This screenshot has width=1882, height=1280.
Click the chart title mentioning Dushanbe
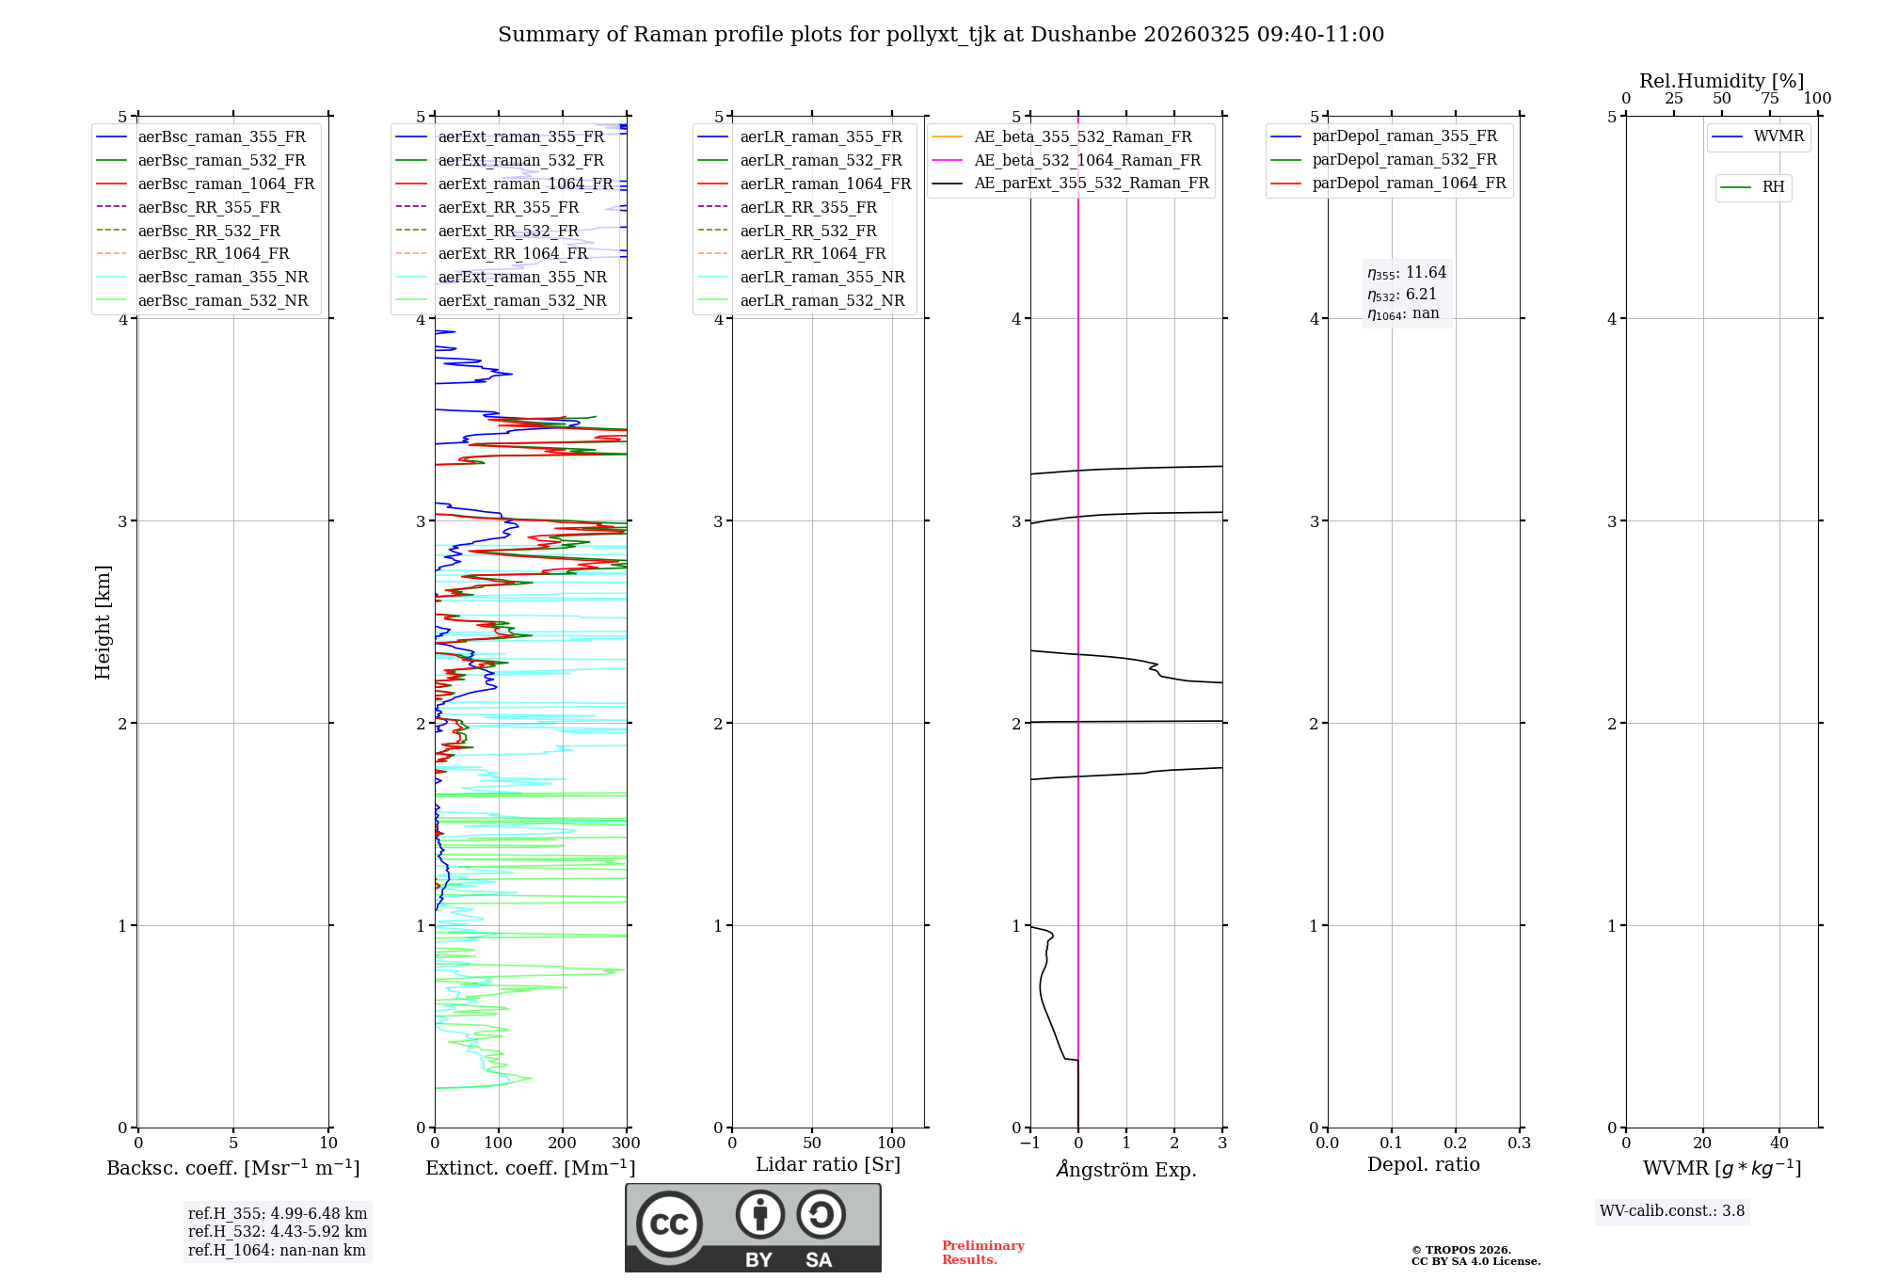click(941, 35)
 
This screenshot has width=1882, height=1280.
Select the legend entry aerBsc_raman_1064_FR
click(226, 184)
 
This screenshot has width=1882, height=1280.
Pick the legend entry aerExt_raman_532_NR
click(522, 300)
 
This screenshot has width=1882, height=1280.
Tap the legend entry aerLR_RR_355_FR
click(808, 207)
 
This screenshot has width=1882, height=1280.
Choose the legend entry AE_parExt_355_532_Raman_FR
click(1092, 183)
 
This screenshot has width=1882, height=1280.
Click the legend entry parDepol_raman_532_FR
click(1404, 159)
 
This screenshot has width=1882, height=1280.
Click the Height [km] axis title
click(103, 622)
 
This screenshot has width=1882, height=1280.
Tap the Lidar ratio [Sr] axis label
click(828, 1164)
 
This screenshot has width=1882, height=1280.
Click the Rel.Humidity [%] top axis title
click(1721, 81)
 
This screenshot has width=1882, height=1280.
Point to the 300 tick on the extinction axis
click(627, 1144)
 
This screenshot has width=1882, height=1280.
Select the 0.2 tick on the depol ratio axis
click(1456, 1144)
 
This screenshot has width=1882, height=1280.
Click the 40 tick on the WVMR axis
click(1779, 1144)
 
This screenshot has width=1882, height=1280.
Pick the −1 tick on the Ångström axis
click(1029, 1144)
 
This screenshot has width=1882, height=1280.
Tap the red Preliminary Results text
click(982, 1253)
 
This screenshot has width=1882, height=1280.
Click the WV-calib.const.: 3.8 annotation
click(1672, 1211)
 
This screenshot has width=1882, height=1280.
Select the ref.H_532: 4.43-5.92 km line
click(278, 1232)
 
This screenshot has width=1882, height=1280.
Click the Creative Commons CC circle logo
click(669, 1224)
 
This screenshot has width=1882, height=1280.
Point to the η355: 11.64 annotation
click(1407, 273)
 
